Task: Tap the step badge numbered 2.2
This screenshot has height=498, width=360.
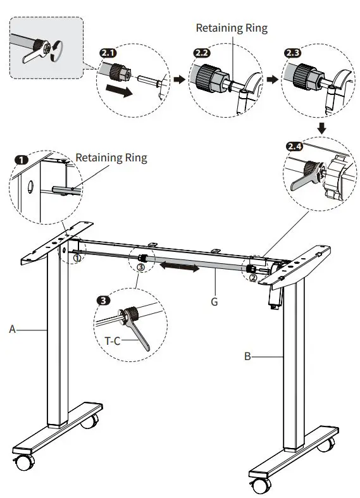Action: pyautogui.click(x=201, y=53)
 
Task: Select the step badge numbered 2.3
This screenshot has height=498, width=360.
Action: pyautogui.click(x=293, y=53)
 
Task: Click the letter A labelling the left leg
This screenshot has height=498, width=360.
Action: pyautogui.click(x=12, y=328)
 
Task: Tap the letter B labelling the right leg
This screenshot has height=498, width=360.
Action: pyautogui.click(x=247, y=356)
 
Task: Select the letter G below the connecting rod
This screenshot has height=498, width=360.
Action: pyautogui.click(x=214, y=302)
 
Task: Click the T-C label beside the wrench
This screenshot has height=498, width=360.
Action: pyautogui.click(x=113, y=340)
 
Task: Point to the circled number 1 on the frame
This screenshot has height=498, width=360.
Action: pyautogui.click(x=76, y=258)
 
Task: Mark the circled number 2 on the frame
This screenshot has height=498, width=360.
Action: pyautogui.click(x=252, y=277)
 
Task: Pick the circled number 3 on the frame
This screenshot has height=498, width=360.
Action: pyautogui.click(x=140, y=268)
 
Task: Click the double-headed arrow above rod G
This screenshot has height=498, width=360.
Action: pyautogui.click(x=180, y=268)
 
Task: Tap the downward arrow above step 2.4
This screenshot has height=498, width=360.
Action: pyautogui.click(x=321, y=128)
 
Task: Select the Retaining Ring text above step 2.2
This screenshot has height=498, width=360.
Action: pyautogui.click(x=232, y=28)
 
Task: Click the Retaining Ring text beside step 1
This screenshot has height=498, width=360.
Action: pyautogui.click(x=111, y=158)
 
